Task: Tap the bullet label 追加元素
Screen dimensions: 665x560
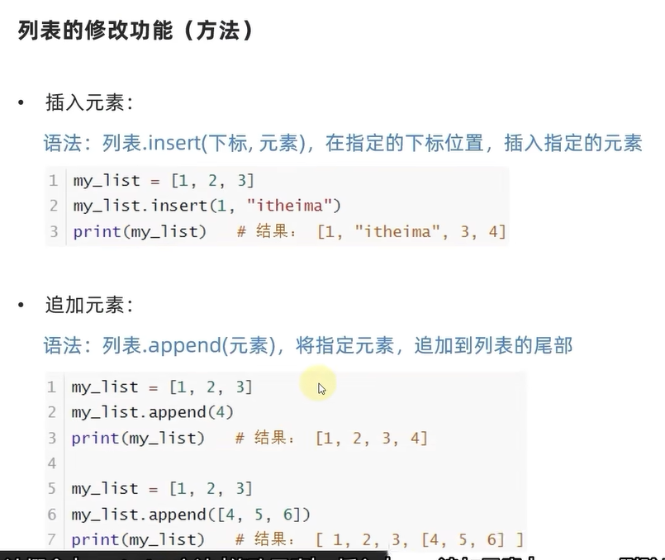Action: click(88, 305)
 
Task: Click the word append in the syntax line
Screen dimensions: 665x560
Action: click(183, 344)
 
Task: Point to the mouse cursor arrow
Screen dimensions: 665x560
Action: click(321, 388)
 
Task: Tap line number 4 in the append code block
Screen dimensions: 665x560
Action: click(52, 463)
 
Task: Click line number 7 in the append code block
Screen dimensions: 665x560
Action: click(52, 539)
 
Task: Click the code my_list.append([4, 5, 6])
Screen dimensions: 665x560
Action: click(191, 515)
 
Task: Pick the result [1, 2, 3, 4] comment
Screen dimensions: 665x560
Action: click(372, 438)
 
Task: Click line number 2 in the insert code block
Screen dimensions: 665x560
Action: click(54, 206)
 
